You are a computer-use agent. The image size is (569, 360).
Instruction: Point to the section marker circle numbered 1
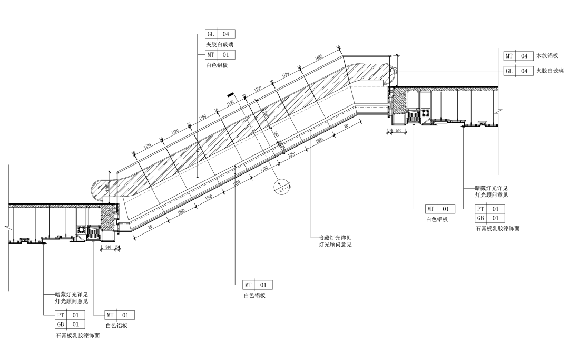[277, 186]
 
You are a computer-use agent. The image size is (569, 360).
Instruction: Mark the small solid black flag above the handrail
[230, 95]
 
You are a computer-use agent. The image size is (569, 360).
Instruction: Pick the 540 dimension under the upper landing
[399, 130]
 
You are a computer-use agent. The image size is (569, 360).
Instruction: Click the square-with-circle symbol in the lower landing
[82, 229]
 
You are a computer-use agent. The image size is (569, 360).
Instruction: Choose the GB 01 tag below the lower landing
[70, 325]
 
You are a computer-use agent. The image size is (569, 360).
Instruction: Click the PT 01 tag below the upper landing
[489, 209]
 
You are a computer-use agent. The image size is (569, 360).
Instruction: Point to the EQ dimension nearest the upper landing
[346, 127]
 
